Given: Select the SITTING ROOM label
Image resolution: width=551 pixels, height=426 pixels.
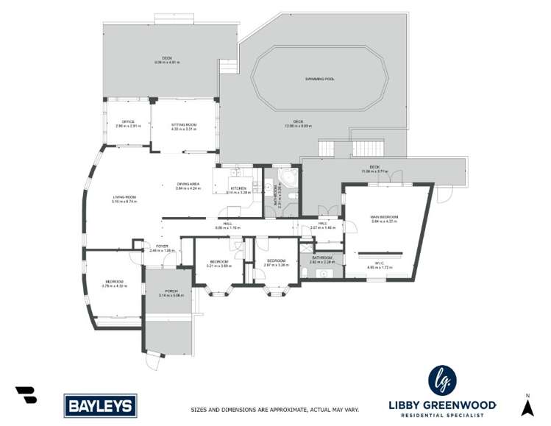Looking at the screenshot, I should (x=184, y=124).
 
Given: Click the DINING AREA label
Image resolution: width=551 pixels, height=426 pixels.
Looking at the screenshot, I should (x=188, y=186).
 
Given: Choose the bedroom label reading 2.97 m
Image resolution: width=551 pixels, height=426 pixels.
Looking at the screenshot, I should (x=276, y=262).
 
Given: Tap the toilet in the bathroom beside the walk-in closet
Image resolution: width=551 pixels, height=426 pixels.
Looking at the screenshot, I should (x=305, y=274).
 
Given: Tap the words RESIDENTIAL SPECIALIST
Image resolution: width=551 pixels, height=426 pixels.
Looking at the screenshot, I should (x=442, y=415).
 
